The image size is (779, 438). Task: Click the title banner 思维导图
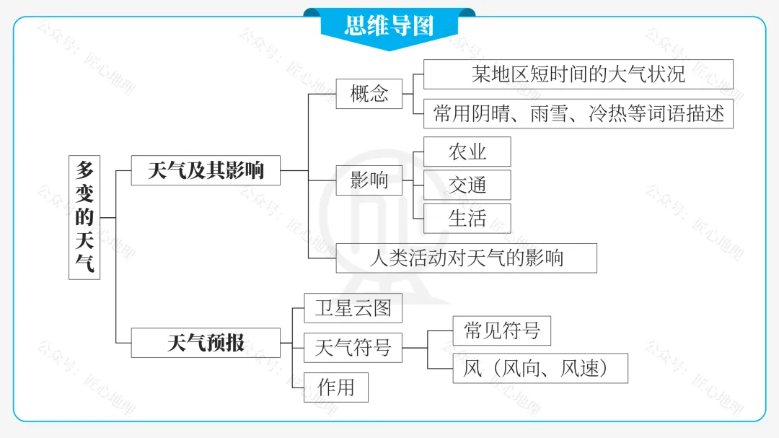[389, 26]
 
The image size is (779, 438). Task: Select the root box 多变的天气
[84, 217]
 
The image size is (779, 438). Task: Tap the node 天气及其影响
[206, 170]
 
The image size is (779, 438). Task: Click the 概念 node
[369, 94]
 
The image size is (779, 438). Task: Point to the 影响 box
[369, 180]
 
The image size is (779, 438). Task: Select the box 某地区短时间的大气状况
[578, 74]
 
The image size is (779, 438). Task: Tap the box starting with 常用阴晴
[578, 114]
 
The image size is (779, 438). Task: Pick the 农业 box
[467, 152]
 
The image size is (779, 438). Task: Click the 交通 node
[467, 185]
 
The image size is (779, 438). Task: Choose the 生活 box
[467, 218]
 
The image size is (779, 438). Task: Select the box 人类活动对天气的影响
[466, 258]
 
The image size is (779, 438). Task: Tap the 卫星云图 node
[353, 308]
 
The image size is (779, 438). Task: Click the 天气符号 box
[353, 348]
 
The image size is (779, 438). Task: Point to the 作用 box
[335, 387]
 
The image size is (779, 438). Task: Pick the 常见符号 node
[501, 330]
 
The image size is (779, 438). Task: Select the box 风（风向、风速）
[540, 368]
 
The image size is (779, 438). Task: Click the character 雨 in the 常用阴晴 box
[539, 114]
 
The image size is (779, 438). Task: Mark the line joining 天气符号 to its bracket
[415, 348]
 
